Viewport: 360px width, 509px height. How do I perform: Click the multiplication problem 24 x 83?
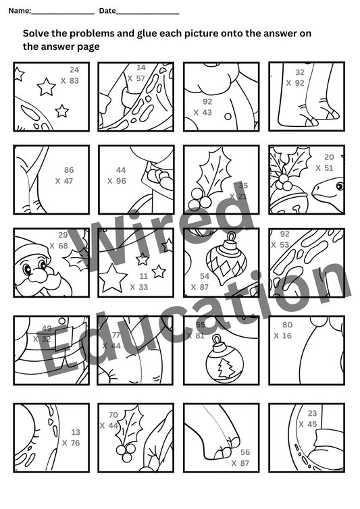pos(70,75)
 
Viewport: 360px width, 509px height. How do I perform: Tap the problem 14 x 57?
pos(137,73)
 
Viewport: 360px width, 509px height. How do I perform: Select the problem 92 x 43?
pos(203,107)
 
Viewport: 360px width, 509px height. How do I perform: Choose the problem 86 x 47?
pos(65,176)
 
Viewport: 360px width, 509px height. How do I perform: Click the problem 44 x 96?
pos(118,176)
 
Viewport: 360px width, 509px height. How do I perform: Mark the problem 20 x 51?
pos(325,163)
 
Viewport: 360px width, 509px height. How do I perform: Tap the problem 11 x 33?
pos(139,282)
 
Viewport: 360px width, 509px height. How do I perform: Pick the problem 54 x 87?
pos(201,282)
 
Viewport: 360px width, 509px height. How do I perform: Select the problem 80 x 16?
pos(284,330)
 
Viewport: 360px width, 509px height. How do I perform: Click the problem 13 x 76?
pos(72,437)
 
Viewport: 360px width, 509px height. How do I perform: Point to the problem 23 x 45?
pos(308,419)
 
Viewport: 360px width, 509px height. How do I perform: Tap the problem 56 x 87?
pos(241,458)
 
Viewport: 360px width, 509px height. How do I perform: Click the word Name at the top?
pos(19,11)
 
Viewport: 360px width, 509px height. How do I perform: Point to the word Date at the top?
pos(107,11)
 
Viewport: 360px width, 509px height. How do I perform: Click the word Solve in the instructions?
pos(36,33)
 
